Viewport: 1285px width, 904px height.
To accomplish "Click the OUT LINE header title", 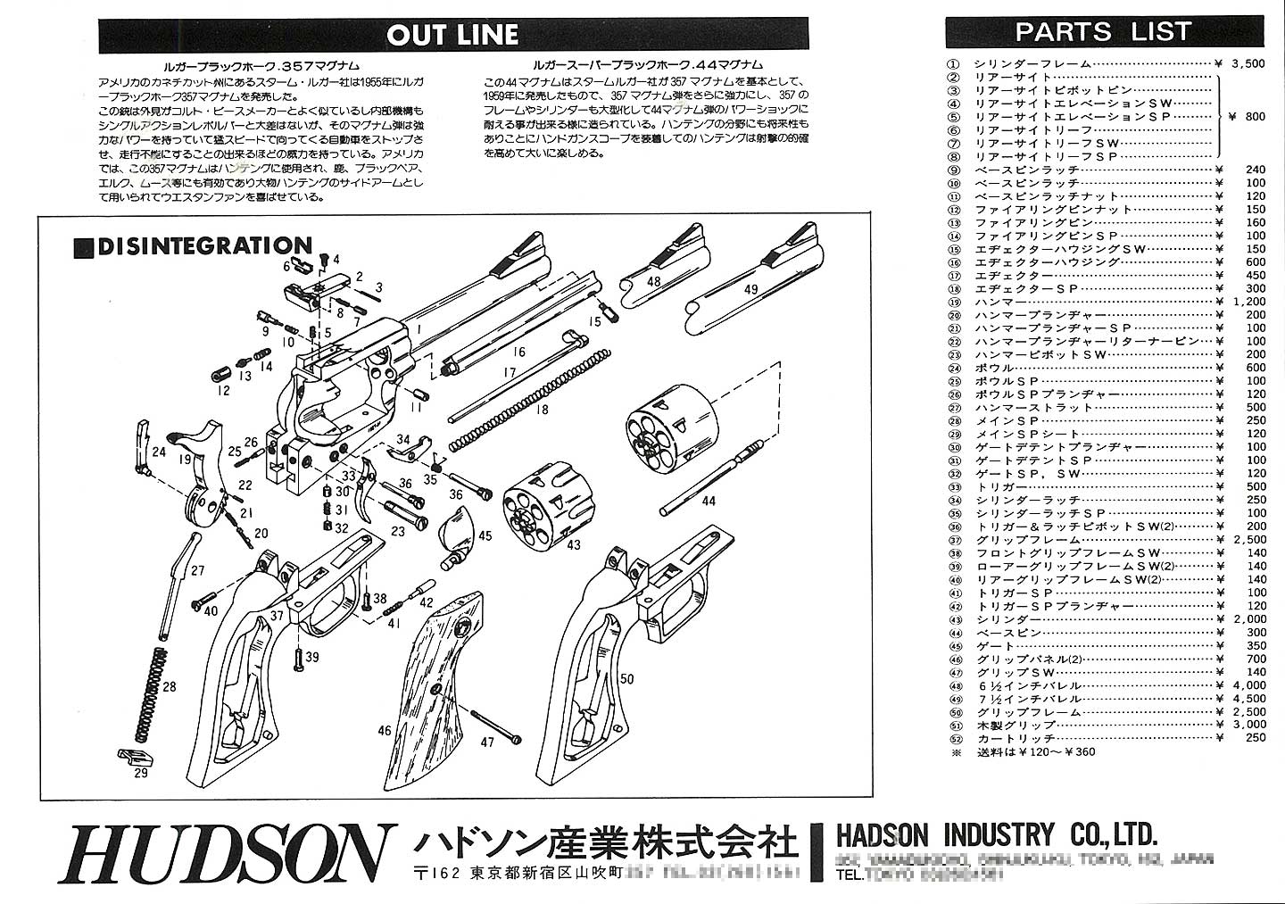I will point(452,35).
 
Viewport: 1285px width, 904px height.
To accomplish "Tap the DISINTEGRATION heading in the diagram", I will point(204,245).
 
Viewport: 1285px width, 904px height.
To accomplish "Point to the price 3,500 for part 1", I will point(1247,63).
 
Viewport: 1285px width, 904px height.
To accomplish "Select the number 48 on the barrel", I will point(654,281).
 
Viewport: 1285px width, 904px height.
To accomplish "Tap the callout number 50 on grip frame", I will point(626,679).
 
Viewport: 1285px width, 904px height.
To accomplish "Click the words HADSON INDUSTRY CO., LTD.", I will point(996,836).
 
